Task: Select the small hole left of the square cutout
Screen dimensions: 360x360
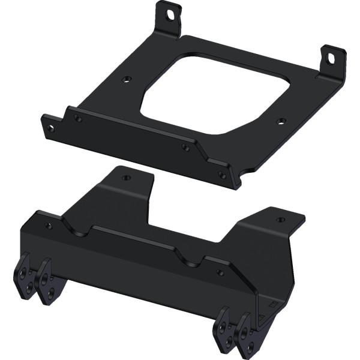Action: (x=125, y=79)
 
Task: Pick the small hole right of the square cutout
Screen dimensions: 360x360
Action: (x=280, y=121)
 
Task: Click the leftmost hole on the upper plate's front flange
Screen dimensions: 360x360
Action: (x=50, y=128)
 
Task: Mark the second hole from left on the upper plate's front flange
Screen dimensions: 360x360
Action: (x=78, y=118)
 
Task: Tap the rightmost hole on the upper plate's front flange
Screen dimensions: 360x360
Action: (x=222, y=175)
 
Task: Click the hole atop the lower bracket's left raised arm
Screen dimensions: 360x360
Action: (x=125, y=178)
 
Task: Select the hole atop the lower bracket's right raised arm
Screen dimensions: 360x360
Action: (x=280, y=220)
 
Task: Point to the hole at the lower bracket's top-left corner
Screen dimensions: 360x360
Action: (x=49, y=226)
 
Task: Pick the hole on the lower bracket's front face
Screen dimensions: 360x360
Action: (x=220, y=273)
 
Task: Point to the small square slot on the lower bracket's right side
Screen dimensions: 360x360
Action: (x=273, y=304)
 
